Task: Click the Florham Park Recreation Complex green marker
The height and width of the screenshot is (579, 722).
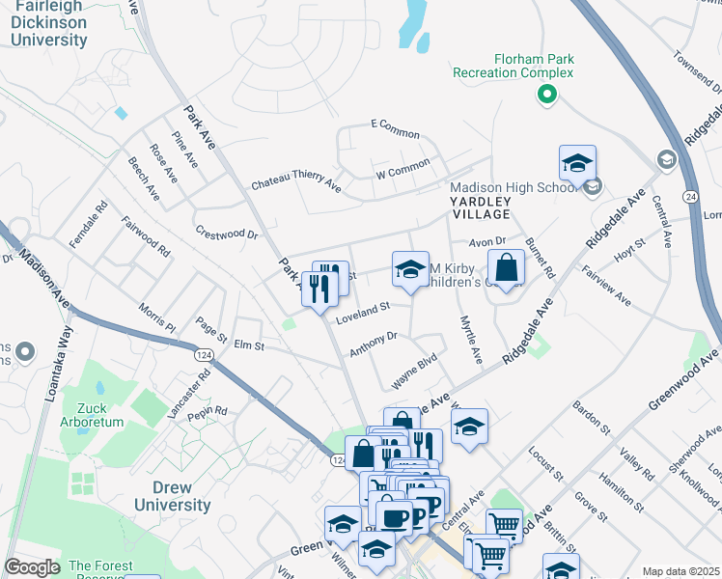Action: (x=546, y=95)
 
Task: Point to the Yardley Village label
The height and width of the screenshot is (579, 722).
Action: (x=480, y=206)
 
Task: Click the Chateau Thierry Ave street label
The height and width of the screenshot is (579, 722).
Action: (x=296, y=183)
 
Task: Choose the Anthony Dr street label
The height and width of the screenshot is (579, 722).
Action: (x=374, y=343)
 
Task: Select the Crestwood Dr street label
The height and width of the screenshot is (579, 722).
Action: (x=228, y=233)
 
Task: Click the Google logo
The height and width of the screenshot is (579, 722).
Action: (x=32, y=567)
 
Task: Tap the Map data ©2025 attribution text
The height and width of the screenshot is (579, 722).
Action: (x=681, y=571)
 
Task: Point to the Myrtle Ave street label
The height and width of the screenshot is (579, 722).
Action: (x=470, y=340)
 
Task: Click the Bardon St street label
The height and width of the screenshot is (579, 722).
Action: (x=593, y=417)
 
